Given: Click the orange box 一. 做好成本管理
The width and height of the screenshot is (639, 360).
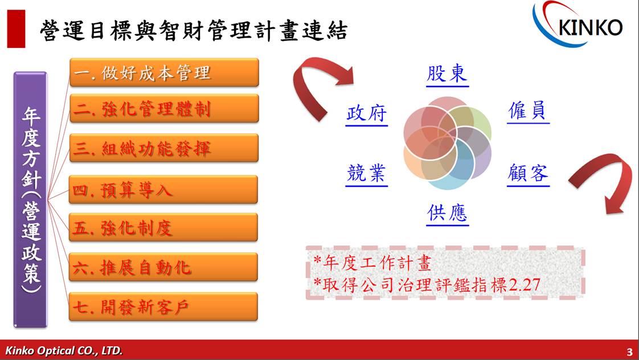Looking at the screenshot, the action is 164,72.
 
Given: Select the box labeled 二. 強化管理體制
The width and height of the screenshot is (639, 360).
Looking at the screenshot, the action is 164,108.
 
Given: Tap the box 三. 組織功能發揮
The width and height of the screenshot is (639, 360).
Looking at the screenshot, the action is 164,148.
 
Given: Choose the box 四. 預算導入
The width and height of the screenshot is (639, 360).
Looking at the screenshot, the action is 163,190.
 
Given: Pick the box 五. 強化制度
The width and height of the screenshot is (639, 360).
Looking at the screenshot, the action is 163,227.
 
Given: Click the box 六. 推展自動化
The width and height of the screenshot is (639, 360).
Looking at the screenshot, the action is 163,267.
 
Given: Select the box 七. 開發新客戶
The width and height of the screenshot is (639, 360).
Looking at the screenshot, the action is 163,306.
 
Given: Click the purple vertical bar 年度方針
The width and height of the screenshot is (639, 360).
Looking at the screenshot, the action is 31,200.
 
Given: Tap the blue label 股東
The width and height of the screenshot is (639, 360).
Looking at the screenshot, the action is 447,74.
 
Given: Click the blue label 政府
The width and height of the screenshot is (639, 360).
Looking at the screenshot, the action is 366,113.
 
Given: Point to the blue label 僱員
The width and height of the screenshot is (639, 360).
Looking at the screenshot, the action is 528,111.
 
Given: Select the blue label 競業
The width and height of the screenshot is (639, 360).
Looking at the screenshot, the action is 366,174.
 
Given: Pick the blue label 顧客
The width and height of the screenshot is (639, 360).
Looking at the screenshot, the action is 528,174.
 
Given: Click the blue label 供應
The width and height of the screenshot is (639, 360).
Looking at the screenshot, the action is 448,213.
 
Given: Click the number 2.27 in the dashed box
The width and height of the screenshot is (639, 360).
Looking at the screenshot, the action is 525,285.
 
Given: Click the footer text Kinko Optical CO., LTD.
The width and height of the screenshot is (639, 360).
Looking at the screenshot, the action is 64,351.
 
